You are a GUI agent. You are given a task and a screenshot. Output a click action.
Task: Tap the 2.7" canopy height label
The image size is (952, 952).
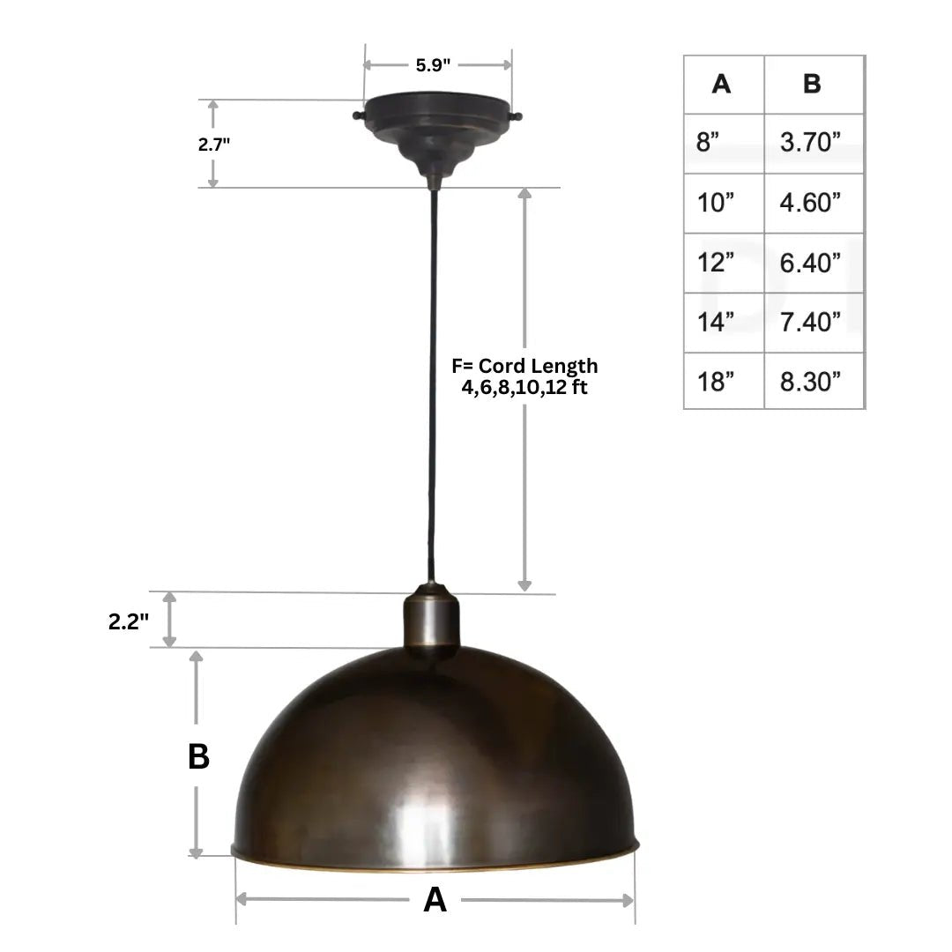coord(214,144)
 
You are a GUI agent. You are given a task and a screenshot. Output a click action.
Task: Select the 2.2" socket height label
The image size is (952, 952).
coord(129,621)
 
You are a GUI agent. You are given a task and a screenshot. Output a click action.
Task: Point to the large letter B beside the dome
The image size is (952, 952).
coord(198,756)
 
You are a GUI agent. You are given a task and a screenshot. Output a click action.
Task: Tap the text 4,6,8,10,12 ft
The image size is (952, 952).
coord(524,388)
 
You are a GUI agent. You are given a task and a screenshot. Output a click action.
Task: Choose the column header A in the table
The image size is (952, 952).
coord(721,84)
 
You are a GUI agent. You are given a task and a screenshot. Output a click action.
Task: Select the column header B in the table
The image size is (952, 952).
coord(812,84)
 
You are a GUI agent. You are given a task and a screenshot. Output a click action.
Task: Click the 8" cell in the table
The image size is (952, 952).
coord(708,143)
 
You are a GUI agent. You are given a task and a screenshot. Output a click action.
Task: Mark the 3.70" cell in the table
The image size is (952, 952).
coord(810,143)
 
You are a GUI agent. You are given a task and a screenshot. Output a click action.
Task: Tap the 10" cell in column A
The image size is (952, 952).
coord(715,203)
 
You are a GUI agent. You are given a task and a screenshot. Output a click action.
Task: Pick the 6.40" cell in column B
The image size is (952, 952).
coord(810,263)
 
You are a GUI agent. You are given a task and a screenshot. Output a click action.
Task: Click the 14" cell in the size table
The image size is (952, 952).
coord(715,323)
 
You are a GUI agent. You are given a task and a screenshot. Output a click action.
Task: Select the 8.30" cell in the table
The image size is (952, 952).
coord(810,382)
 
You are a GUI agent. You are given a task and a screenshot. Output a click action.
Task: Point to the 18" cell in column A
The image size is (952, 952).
coord(715,382)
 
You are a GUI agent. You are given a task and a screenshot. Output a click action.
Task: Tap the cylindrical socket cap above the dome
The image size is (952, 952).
coord(432,622)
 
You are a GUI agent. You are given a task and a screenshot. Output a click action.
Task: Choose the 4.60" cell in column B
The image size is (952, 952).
coord(810,203)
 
